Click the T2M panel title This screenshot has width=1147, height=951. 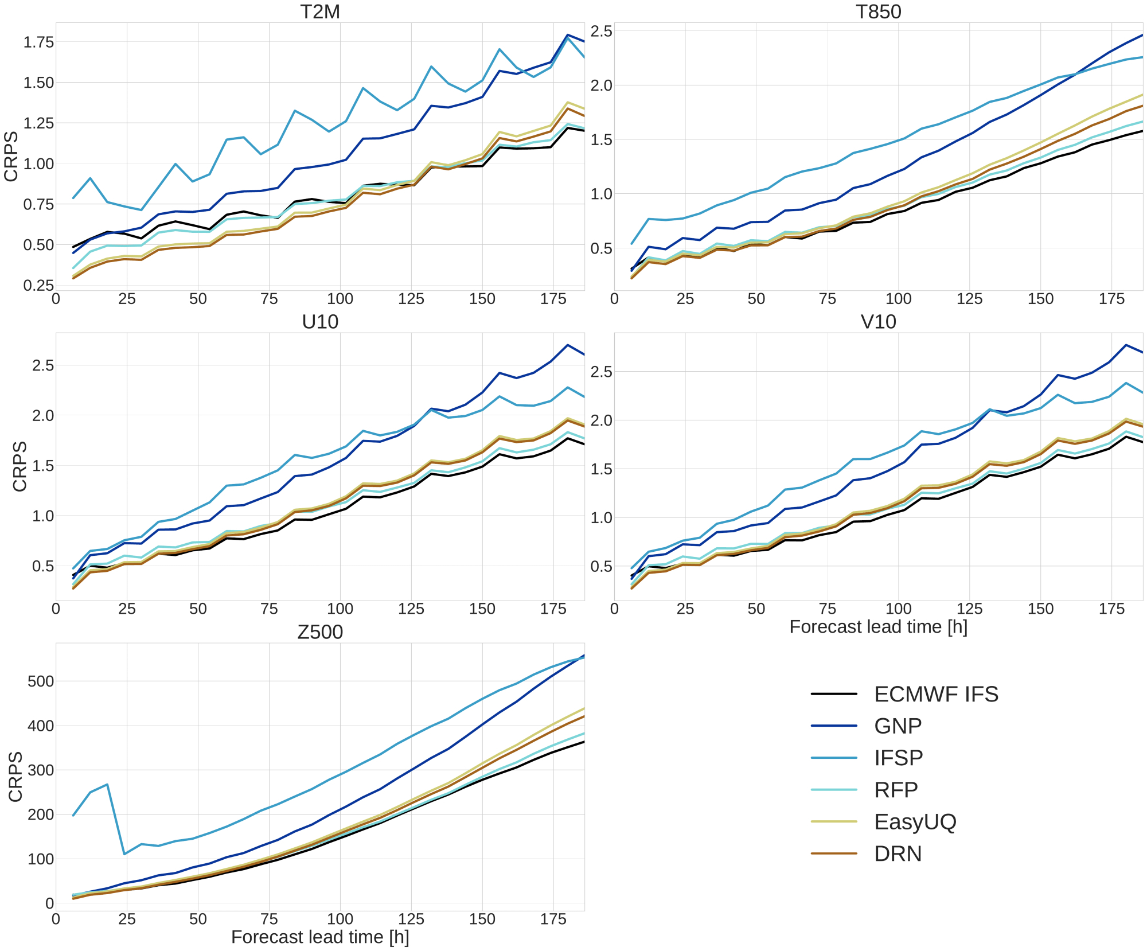coord(320,11)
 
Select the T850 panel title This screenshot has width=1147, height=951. coord(878,11)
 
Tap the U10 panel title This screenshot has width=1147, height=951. coord(320,322)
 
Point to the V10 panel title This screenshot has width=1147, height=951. coord(878,322)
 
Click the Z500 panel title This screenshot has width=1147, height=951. coord(320,632)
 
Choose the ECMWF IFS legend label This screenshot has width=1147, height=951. coord(936,694)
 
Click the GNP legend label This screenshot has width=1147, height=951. coord(898,726)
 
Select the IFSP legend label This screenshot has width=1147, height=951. coord(898,758)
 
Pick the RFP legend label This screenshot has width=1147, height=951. coord(896,790)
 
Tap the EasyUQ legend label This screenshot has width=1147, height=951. coord(915,822)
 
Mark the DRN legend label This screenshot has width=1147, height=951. coord(898,853)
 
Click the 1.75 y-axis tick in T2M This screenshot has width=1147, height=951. coord(38,42)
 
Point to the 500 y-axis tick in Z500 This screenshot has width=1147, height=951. coord(41,681)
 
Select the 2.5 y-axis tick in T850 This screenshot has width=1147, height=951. coord(602,31)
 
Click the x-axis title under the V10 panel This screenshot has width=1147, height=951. coord(878,627)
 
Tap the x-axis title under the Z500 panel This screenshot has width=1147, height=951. coord(320,937)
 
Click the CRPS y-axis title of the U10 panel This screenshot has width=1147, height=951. coord(20,466)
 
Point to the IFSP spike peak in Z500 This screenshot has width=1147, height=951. coord(107,785)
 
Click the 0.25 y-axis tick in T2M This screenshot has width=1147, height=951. coord(38,286)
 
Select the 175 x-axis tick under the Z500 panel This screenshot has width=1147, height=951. coord(553,919)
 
